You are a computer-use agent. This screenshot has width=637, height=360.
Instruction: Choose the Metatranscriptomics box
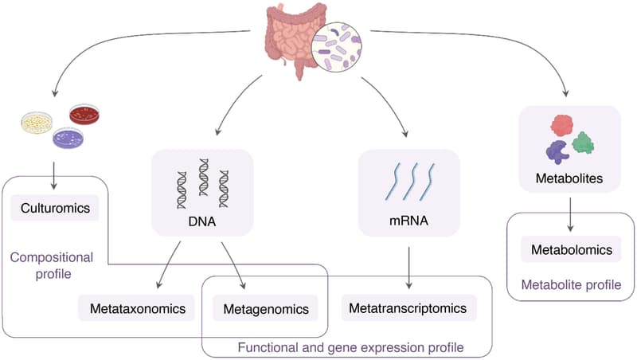409,307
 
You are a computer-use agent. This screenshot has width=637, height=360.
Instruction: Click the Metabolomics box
570,249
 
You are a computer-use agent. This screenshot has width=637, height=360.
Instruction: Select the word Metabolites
570,179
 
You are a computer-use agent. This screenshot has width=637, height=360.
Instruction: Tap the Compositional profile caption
51,265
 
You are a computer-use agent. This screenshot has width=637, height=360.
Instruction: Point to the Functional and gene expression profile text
350,347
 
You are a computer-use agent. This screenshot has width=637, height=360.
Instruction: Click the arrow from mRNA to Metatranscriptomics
409,267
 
